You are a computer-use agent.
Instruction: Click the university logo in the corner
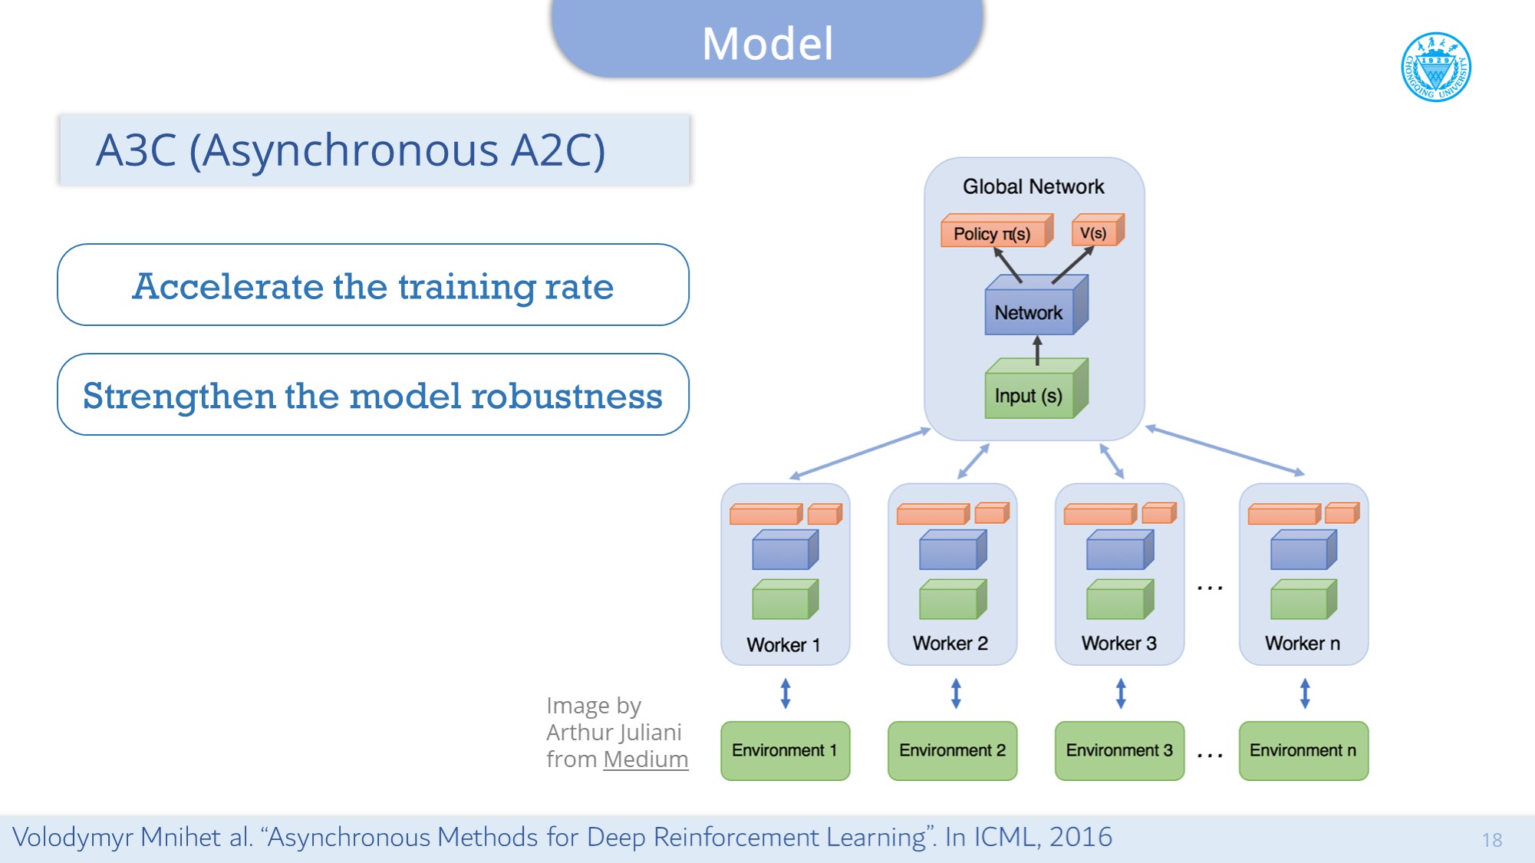1435,67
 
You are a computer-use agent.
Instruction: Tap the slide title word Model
767,44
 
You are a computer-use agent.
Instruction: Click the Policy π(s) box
993,233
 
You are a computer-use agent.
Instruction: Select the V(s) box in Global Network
1095,232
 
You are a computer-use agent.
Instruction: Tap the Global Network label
1033,186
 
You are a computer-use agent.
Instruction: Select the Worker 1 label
783,644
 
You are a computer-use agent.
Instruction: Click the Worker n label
1303,643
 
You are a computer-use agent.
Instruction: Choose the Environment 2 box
952,750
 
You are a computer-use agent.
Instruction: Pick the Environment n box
1303,750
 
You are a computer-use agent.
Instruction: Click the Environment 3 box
1119,750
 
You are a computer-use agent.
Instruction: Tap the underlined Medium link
645,759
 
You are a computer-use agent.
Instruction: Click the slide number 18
1491,840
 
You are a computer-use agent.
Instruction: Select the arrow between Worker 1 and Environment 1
786,693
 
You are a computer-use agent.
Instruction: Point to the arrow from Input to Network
1037,350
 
